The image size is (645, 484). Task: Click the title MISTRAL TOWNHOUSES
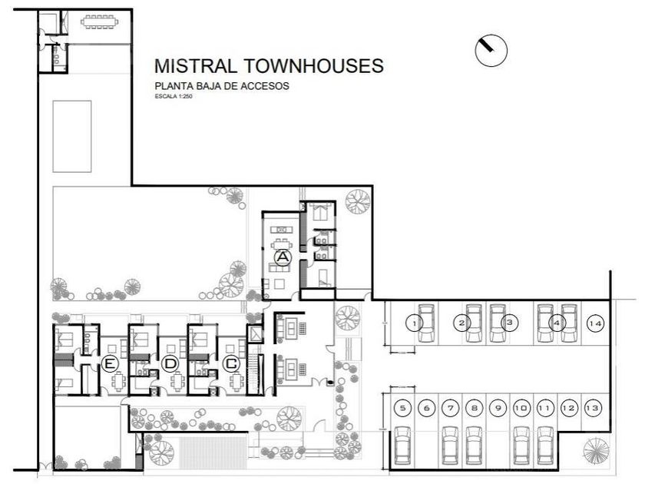click(269, 66)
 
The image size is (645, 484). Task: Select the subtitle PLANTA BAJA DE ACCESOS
click(222, 86)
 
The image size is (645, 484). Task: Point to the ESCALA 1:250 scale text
click(174, 97)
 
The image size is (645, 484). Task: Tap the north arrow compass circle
click(491, 50)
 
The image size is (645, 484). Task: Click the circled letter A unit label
click(283, 257)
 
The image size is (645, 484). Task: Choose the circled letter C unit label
click(231, 364)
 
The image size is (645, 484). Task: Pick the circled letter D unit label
click(170, 364)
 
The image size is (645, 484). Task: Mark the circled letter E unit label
click(109, 364)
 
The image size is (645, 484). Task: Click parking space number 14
click(595, 323)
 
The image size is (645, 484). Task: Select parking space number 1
click(414, 323)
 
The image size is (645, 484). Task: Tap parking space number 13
click(592, 408)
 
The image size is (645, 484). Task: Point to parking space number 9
click(498, 408)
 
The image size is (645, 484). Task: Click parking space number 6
click(427, 408)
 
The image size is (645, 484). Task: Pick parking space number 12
click(569, 408)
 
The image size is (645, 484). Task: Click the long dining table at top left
click(99, 22)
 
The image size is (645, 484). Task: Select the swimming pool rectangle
click(72, 136)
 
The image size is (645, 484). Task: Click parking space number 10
click(521, 408)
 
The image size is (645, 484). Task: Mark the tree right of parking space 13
click(596, 450)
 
